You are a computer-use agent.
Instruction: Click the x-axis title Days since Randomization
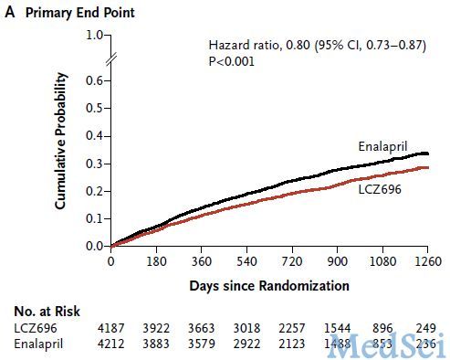tap(269, 285)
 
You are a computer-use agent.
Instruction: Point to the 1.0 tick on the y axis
tap(93, 36)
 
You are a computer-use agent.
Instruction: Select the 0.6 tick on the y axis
tap(93, 79)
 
